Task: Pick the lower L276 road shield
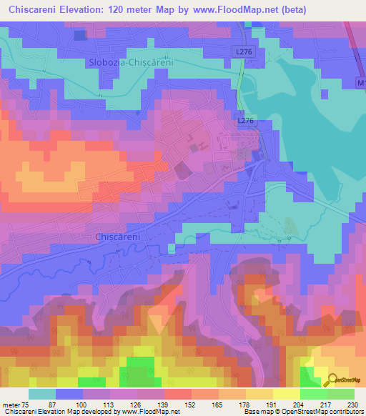[245, 122]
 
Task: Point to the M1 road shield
[360, 84]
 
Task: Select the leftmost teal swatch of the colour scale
[42, 393]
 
